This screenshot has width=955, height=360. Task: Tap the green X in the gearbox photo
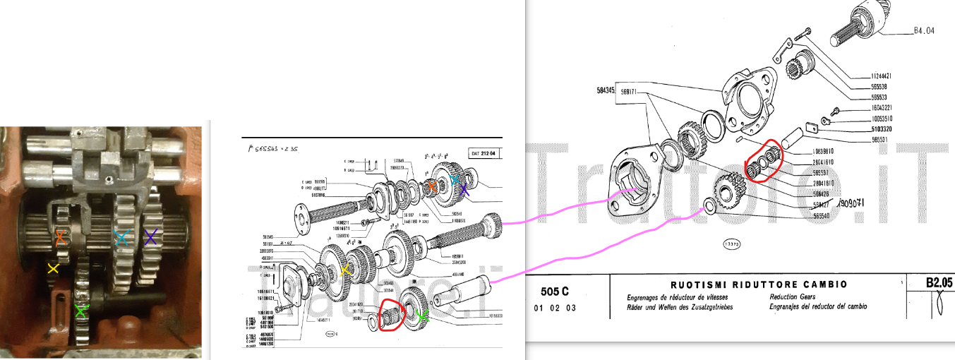point(82,310)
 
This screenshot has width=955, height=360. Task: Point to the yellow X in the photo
point(52,268)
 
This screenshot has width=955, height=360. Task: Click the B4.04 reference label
point(923,31)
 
